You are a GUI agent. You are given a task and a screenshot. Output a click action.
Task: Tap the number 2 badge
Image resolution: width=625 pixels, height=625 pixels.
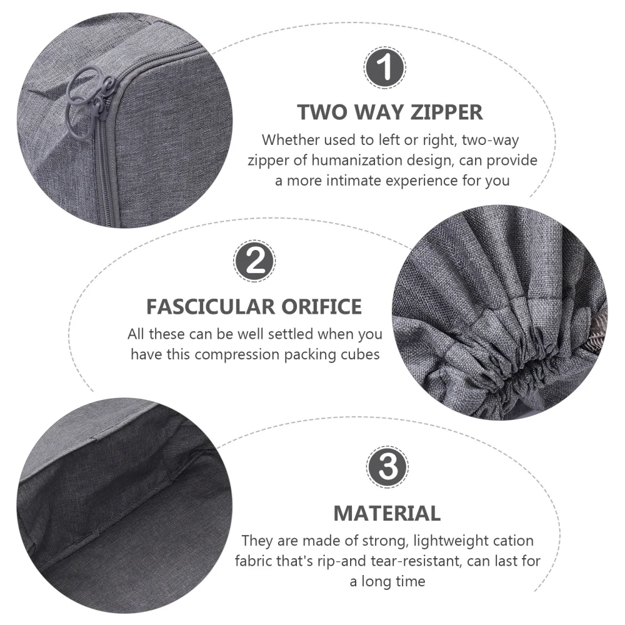pos(254,262)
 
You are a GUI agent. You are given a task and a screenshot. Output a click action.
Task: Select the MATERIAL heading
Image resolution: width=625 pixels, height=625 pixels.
pos(387,513)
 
